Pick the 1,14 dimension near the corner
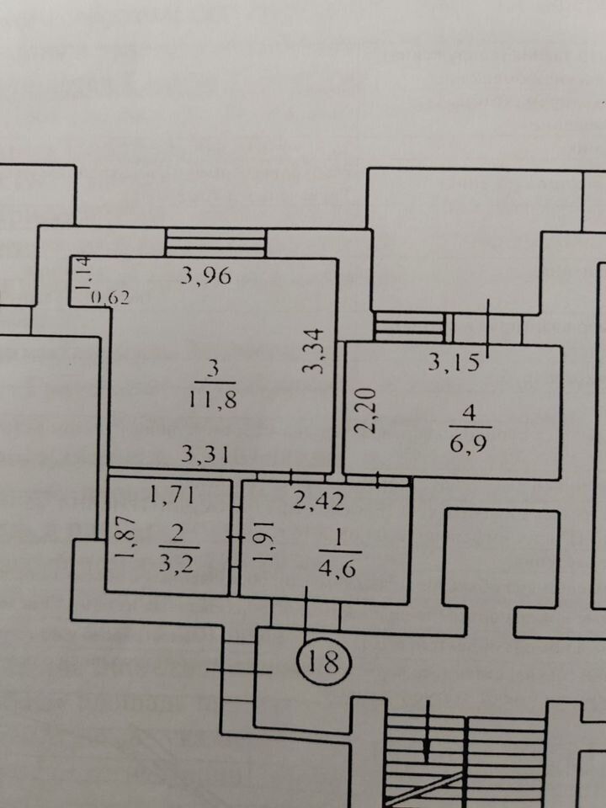tap(82, 275)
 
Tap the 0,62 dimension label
tap(110, 296)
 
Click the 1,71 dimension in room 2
tap(173, 495)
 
